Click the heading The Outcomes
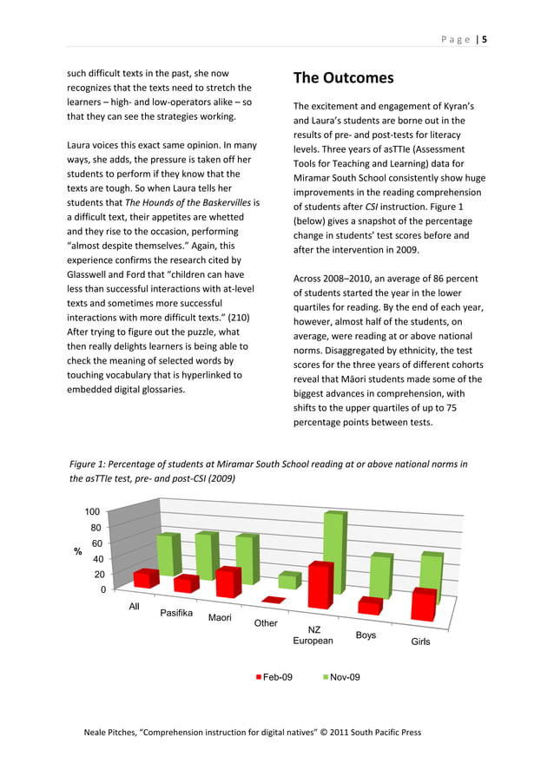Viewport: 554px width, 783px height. click(x=343, y=78)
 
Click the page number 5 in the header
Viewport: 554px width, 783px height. click(x=485, y=39)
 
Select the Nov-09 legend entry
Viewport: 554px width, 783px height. click(x=340, y=676)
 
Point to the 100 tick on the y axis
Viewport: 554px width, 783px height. click(x=91, y=511)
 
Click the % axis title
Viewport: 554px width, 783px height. click(x=77, y=551)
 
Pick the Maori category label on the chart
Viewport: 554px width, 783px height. click(x=220, y=618)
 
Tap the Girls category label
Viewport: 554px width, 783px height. click(x=420, y=642)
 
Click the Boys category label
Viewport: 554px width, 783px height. click(x=366, y=635)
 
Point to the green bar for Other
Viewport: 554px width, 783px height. click(x=287, y=580)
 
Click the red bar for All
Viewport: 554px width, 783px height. click(x=146, y=578)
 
